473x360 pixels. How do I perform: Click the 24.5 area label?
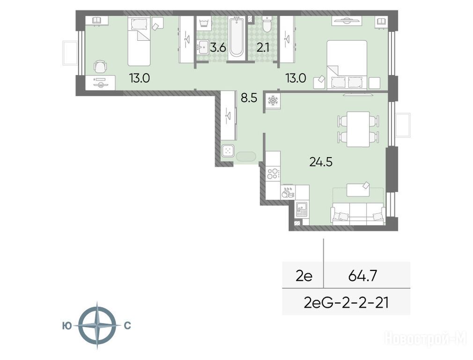(321, 162)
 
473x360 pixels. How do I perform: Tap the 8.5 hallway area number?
(249, 98)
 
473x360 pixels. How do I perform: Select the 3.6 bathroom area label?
(218, 48)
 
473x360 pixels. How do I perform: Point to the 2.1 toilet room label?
(263, 48)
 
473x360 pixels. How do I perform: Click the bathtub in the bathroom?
(236, 37)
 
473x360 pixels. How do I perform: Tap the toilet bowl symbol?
(267, 24)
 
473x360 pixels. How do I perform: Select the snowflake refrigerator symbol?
(273, 101)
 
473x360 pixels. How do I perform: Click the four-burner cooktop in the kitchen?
(273, 173)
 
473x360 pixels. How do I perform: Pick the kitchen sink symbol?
(301, 209)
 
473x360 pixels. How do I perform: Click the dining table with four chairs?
(358, 129)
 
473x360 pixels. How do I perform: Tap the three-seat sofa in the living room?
(358, 214)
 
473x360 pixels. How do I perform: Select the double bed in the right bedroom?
(347, 65)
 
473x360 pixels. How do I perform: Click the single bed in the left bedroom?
(139, 41)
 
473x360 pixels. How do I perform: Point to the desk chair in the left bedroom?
(100, 67)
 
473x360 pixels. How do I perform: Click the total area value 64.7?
(362, 276)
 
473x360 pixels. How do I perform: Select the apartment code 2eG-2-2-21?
(346, 303)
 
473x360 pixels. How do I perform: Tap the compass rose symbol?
(97, 325)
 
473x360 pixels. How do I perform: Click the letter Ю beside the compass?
(67, 326)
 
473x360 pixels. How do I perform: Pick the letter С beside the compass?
(127, 326)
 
